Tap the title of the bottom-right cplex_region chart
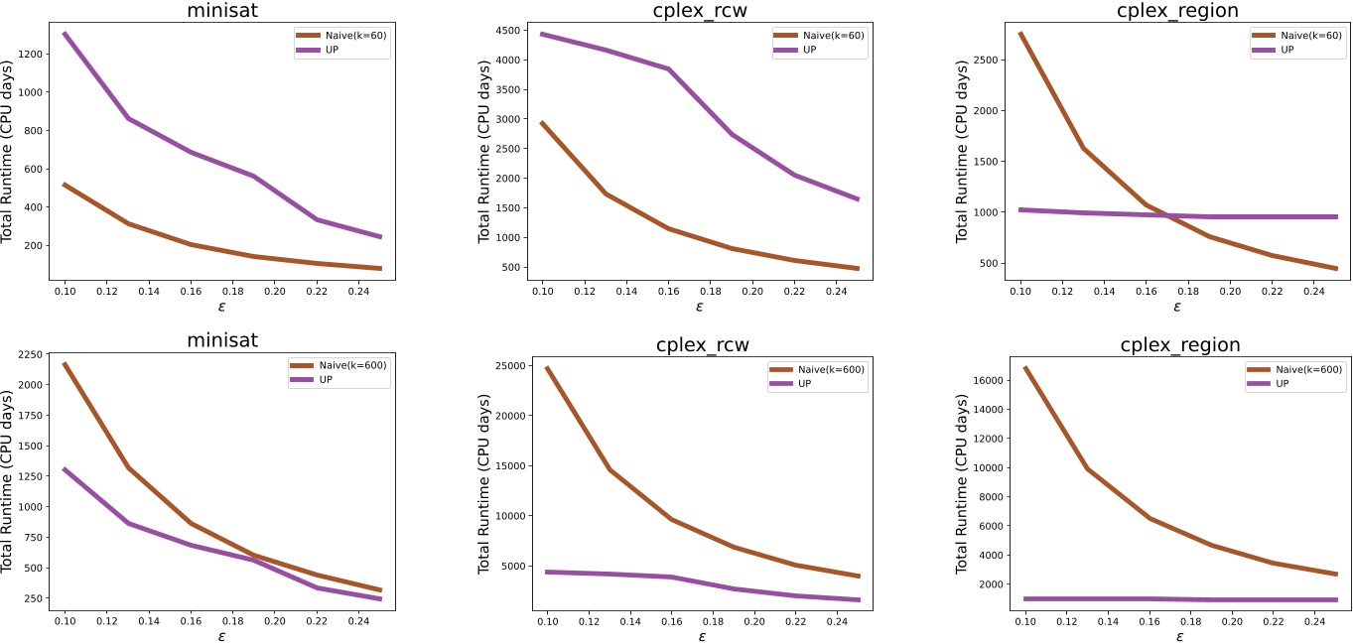1179,345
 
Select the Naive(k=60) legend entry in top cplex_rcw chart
821,36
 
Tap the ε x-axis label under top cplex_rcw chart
699,307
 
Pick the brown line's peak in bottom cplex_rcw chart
545,368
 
